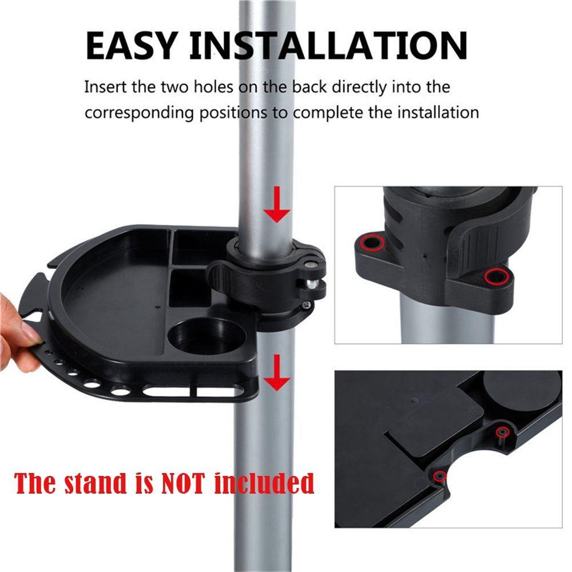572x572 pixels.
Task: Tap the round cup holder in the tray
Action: pyautogui.click(x=198, y=337)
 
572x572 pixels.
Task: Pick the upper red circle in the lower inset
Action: pyautogui.click(x=502, y=432)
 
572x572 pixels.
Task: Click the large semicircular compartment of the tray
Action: pyautogui.click(x=114, y=297)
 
